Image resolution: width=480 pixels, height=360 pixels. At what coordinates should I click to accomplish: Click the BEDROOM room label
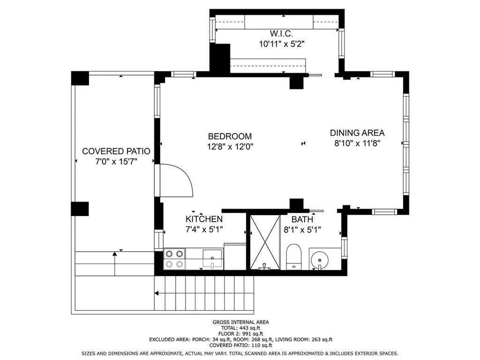pyautogui.click(x=230, y=136)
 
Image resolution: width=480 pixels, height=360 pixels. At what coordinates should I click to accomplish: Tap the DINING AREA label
pyautogui.click(x=357, y=133)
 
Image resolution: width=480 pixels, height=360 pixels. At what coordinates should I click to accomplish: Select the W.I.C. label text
pyautogui.click(x=281, y=33)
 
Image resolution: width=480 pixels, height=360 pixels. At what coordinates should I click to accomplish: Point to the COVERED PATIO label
pyautogui.click(x=116, y=151)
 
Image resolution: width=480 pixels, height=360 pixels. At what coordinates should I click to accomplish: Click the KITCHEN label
pyautogui.click(x=204, y=219)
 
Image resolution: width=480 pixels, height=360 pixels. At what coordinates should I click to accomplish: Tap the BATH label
pyautogui.click(x=302, y=219)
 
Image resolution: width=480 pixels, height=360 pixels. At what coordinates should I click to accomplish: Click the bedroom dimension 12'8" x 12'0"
pyautogui.click(x=230, y=147)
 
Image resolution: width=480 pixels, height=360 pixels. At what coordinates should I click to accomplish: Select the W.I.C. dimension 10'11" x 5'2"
pyautogui.click(x=282, y=44)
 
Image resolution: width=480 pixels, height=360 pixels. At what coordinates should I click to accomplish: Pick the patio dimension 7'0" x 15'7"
pyautogui.click(x=116, y=161)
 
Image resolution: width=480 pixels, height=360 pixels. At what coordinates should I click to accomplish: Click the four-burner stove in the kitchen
pyautogui.click(x=174, y=259)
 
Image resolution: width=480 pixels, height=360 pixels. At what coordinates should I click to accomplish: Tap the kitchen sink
pyautogui.click(x=212, y=259)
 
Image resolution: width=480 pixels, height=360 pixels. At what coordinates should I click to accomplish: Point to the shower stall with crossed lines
pyautogui.click(x=265, y=242)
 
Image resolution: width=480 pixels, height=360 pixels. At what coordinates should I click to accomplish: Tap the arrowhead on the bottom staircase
pyautogui.click(x=157, y=293)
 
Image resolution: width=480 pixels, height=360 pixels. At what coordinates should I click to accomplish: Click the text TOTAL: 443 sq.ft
pyautogui.click(x=240, y=328)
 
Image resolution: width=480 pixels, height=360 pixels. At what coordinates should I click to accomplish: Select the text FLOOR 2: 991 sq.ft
pyautogui.click(x=240, y=334)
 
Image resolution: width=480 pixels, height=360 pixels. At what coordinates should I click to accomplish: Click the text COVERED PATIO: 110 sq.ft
pyautogui.click(x=240, y=345)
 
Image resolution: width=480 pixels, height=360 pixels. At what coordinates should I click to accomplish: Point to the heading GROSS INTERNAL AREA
pyautogui.click(x=240, y=322)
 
